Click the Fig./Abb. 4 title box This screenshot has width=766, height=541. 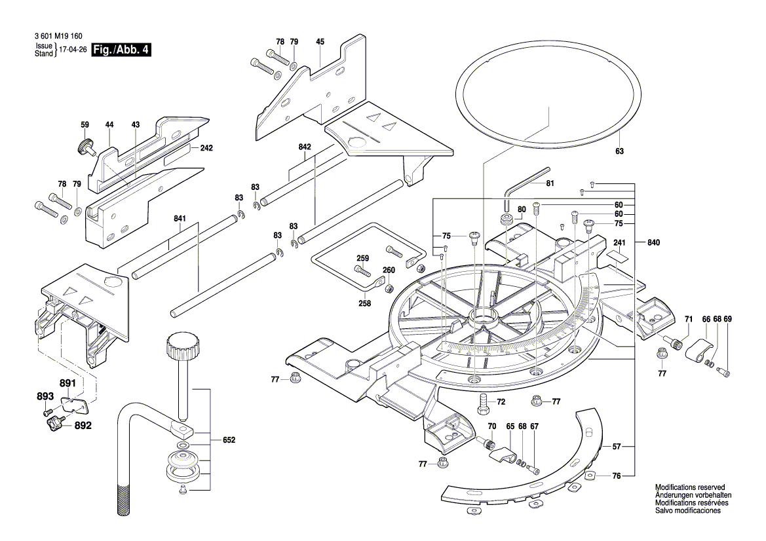pos(121,50)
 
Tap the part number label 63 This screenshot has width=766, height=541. pos(619,151)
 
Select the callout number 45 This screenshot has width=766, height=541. pos(320,42)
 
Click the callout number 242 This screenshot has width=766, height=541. pos(206,149)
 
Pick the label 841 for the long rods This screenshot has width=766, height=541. pos(181,219)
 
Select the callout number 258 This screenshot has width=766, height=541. pos(365,303)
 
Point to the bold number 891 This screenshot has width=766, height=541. pos(68,384)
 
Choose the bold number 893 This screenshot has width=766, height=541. pos(45,396)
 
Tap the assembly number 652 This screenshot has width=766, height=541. pos(228,440)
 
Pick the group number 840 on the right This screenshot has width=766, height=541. pos(653,243)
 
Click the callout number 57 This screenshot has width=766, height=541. pos(617,447)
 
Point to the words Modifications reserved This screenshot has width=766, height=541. pos(690,488)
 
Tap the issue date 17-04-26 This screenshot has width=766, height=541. pos(73,50)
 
